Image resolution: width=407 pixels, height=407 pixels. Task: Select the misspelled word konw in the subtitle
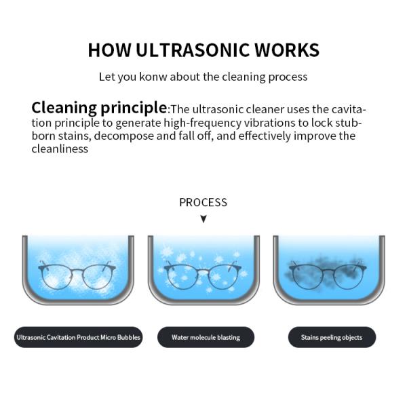pyautogui.click(x=153, y=77)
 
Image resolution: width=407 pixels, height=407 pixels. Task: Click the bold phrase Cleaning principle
pyautogui.click(x=99, y=108)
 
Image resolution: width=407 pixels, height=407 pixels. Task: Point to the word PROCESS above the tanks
pyautogui.click(x=203, y=202)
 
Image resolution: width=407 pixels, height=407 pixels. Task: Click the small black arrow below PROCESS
pyautogui.click(x=203, y=219)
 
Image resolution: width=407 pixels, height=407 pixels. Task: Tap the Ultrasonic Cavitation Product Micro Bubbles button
pyautogui.click(x=78, y=337)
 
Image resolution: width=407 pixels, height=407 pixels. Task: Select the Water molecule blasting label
pyautogui.click(x=206, y=337)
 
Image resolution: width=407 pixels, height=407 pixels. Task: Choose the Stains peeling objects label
pyautogui.click(x=332, y=337)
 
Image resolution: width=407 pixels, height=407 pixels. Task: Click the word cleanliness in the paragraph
pyautogui.click(x=60, y=149)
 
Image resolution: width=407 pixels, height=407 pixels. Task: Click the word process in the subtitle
pyautogui.click(x=288, y=77)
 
